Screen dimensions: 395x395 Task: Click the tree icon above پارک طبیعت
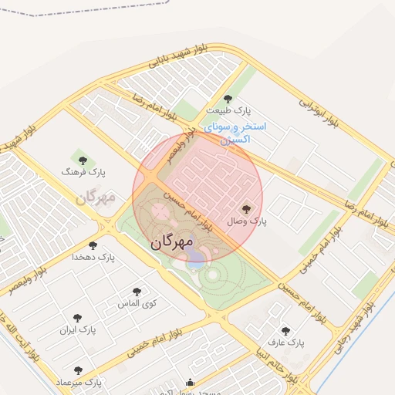point(228,98)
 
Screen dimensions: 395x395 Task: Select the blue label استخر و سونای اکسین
point(234,132)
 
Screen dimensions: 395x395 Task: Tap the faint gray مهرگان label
point(95,197)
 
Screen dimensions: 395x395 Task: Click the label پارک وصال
point(247,221)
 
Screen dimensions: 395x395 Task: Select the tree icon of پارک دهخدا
point(93,245)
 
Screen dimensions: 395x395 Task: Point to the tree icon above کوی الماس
point(137,292)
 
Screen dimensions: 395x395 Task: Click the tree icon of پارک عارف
point(285,330)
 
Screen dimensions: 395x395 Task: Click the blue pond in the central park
point(195,258)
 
